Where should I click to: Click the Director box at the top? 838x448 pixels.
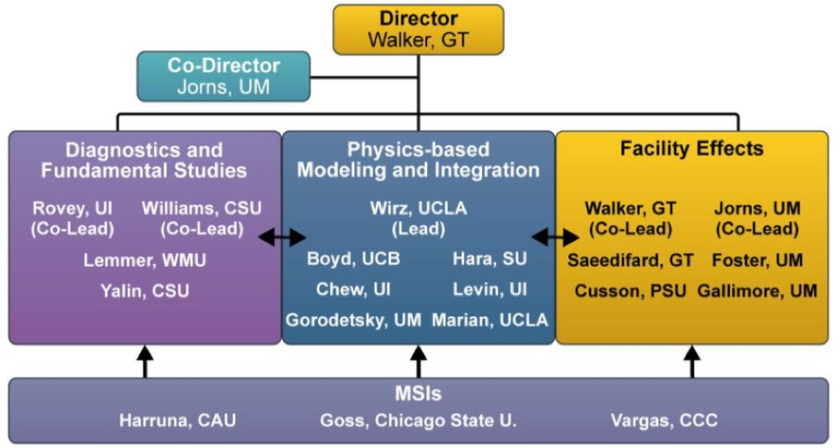coord(419,28)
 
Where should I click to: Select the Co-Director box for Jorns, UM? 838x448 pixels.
coord(223,77)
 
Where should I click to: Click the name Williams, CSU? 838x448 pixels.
coord(201,207)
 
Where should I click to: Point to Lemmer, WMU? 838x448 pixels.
coord(144,260)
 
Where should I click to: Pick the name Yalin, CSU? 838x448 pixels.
coord(144,291)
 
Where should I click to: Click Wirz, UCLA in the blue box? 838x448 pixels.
coord(418,207)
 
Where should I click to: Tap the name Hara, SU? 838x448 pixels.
coord(489,258)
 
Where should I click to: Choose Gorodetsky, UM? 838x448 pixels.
coord(353,320)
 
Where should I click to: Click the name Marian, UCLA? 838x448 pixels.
coord(489,320)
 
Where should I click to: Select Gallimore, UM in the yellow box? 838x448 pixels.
coord(756,291)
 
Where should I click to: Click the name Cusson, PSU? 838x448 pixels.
coord(631,291)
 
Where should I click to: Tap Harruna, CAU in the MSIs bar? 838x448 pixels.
coord(177,420)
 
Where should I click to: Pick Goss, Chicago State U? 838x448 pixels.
coord(418,420)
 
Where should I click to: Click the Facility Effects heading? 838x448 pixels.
coord(691,149)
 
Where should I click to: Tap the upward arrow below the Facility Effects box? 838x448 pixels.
coord(692,361)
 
